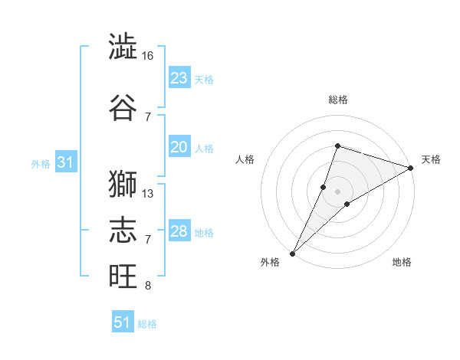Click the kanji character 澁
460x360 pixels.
point(123,47)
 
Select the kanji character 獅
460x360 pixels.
point(123,184)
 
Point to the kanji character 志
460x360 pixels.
point(123,231)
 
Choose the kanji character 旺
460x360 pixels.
point(123,277)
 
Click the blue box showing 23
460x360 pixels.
point(179,78)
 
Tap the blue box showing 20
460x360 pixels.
point(179,147)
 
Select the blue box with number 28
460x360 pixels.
point(179,231)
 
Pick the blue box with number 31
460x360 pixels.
point(65,162)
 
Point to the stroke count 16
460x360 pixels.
point(148,56)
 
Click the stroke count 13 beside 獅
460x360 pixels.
point(148,194)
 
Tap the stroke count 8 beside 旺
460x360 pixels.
point(148,286)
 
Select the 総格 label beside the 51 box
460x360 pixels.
point(147,324)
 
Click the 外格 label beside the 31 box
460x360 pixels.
point(41,163)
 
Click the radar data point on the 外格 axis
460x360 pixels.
point(293,253)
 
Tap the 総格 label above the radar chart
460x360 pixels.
point(338,100)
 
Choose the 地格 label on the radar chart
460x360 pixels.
point(402,263)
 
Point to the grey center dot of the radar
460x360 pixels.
point(338,191)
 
